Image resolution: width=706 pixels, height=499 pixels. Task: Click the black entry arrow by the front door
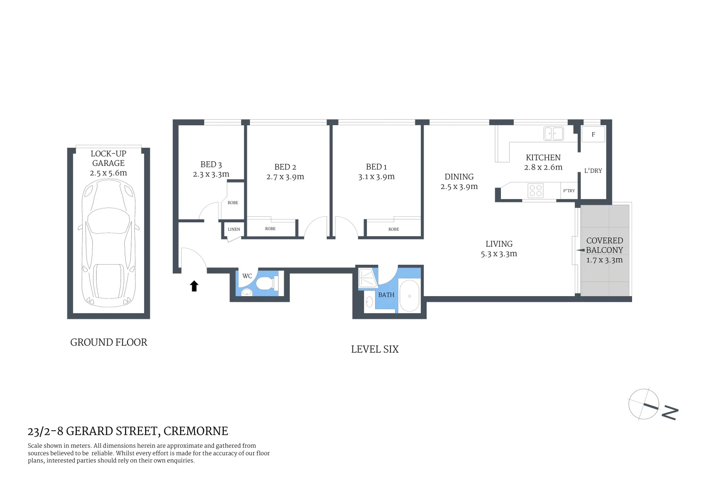[194, 286]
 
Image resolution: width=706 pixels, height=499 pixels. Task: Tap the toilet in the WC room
[268, 283]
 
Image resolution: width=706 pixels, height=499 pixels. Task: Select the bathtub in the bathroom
[409, 296]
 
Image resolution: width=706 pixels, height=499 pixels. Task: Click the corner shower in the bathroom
[367, 279]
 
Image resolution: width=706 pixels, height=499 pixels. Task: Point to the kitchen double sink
[553, 134]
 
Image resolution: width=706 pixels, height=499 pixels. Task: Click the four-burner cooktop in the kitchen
[536, 190]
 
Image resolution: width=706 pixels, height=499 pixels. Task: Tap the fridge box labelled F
[593, 134]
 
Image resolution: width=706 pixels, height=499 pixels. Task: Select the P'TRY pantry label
[569, 191]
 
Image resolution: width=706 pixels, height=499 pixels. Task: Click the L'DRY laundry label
[593, 171]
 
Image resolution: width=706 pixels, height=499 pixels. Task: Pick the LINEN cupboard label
[234, 229]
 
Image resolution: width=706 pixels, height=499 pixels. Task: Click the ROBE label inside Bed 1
[394, 229]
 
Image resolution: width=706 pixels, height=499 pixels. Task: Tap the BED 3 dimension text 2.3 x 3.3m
[211, 175]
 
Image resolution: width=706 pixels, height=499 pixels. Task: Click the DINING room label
[459, 177]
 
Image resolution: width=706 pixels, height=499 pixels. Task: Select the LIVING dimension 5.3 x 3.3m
[499, 254]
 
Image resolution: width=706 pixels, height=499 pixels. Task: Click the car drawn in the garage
[109, 243]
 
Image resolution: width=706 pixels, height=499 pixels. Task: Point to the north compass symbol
[644, 404]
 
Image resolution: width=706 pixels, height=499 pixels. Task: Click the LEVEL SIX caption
[375, 349]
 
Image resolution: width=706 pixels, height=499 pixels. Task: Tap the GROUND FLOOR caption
[109, 342]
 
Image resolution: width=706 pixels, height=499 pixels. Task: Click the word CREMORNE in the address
[196, 431]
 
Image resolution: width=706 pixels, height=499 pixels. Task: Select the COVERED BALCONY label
[604, 245]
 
